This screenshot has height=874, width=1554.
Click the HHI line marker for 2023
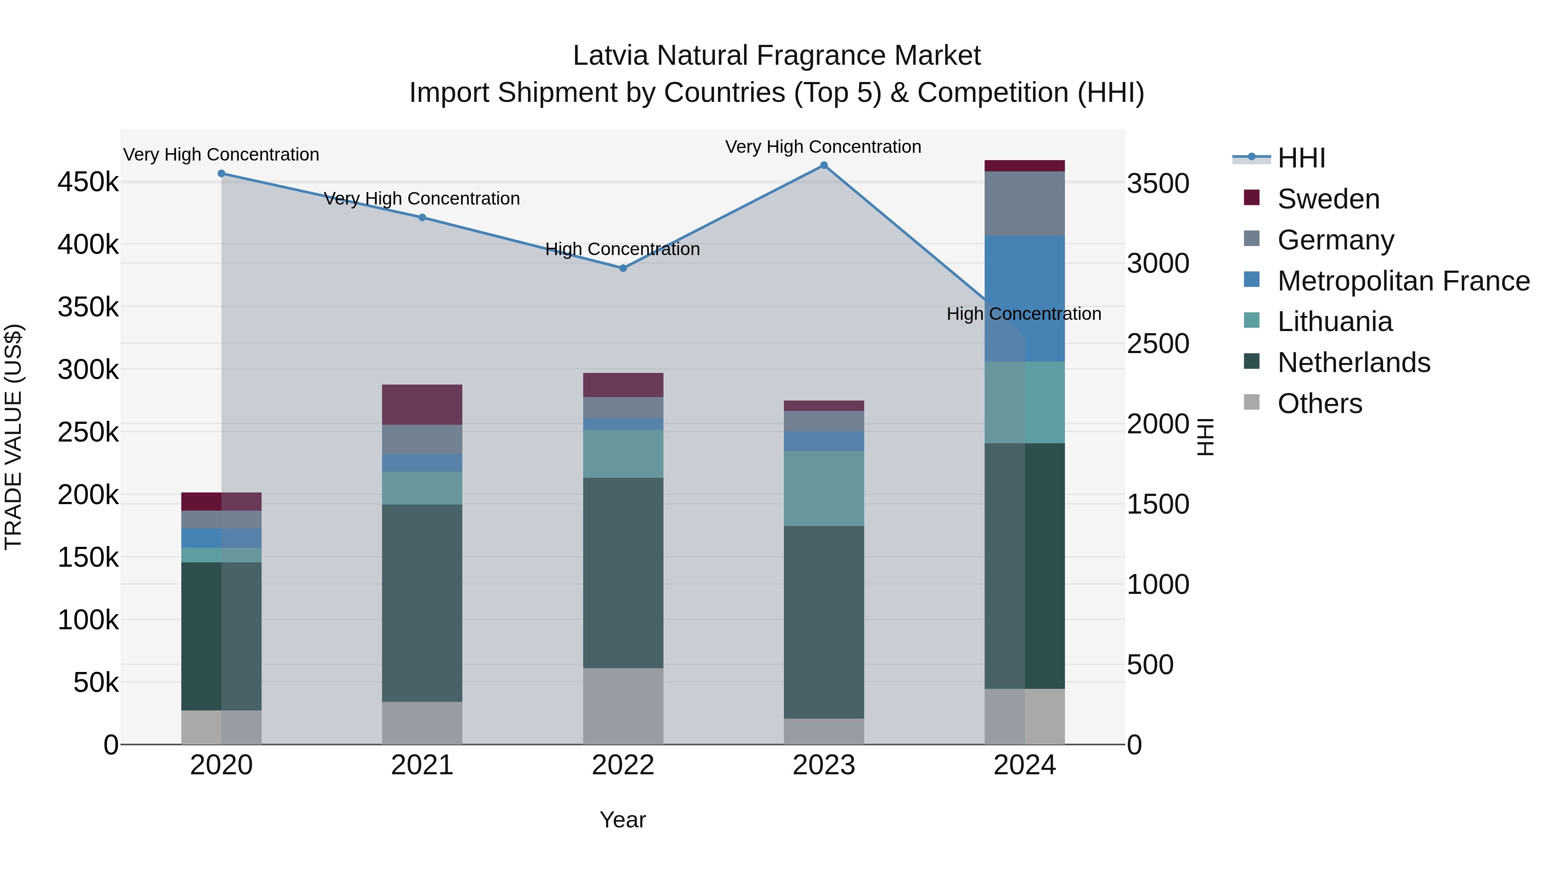[x=824, y=165]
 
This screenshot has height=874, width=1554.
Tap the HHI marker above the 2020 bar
[x=221, y=174]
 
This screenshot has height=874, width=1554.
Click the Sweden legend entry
[x=1328, y=199]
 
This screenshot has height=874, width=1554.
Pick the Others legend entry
[x=1319, y=404]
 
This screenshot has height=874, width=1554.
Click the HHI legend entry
[x=1301, y=158]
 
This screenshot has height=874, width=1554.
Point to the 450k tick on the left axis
[x=88, y=182]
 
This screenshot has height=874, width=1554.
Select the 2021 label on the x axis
[x=422, y=765]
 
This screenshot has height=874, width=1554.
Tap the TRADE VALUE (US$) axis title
[x=13, y=437]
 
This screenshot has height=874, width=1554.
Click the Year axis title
[x=622, y=820]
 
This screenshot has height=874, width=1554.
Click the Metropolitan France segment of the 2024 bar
[x=1024, y=299]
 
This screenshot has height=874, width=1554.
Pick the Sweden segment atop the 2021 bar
[x=422, y=404]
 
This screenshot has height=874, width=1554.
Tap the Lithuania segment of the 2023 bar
[x=824, y=488]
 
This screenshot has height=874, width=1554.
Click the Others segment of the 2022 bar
[x=623, y=706]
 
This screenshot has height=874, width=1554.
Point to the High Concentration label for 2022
[x=622, y=249]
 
